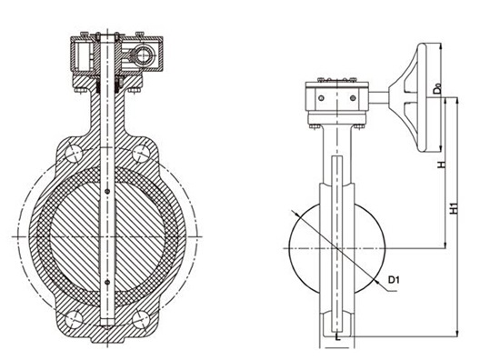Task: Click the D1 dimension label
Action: [x=394, y=280]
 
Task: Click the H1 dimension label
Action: [x=455, y=208]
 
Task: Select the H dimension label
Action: [x=442, y=165]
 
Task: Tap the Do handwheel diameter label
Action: [x=438, y=88]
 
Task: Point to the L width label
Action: [x=337, y=338]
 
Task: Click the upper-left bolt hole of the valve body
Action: [x=74, y=154]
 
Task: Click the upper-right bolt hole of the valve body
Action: [x=141, y=154]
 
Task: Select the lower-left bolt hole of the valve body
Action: [x=74, y=320]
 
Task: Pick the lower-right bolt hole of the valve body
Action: [x=141, y=320]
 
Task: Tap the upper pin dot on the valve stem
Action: [x=107, y=192]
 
